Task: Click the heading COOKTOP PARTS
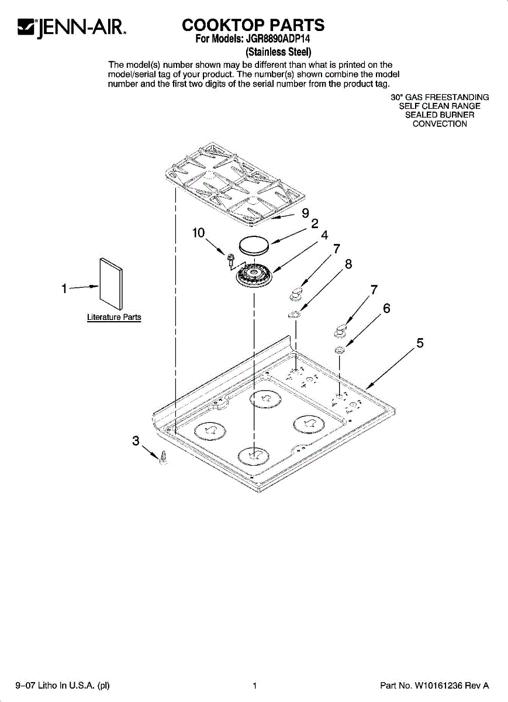click(x=253, y=25)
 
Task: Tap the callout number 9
click(x=305, y=214)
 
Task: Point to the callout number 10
click(x=198, y=233)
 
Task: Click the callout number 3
click(x=136, y=441)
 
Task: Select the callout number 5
click(x=420, y=343)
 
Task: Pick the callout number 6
click(x=386, y=308)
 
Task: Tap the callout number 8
click(x=348, y=264)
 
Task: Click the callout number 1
click(x=64, y=288)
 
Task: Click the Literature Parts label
click(x=114, y=317)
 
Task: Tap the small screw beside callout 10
click(x=230, y=257)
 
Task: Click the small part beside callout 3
click(x=163, y=457)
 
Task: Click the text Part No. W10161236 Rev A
click(x=434, y=686)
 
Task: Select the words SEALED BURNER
click(x=440, y=115)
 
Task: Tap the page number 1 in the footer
click(x=255, y=686)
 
